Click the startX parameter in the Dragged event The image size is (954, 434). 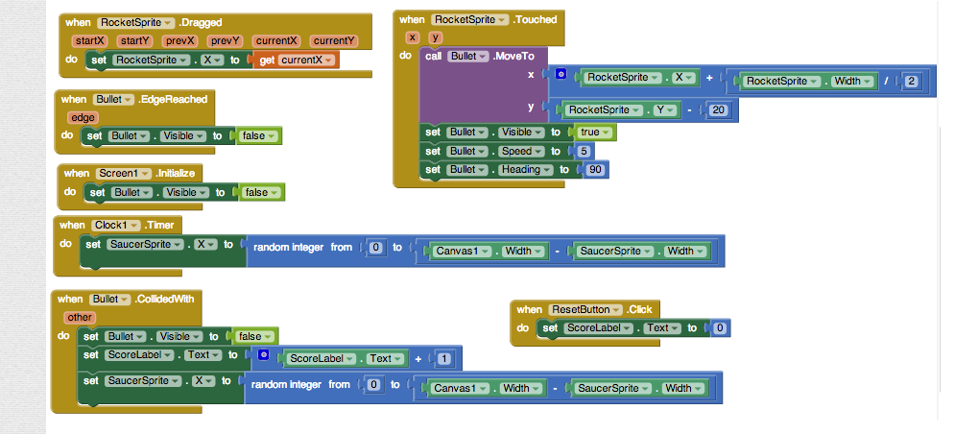click(89, 41)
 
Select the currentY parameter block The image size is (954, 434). click(334, 41)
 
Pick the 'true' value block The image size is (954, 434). click(592, 133)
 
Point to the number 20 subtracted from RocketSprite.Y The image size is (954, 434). click(719, 109)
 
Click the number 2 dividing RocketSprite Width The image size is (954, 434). click(912, 82)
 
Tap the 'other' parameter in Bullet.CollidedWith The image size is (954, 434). click(79, 317)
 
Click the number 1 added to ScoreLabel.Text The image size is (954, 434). click(443, 358)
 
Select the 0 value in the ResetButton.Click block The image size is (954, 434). click(718, 328)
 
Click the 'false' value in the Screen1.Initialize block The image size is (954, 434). click(260, 192)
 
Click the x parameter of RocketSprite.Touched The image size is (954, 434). click(413, 37)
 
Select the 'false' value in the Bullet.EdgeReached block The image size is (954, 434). click(256, 136)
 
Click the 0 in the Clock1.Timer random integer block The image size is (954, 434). click(376, 249)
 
